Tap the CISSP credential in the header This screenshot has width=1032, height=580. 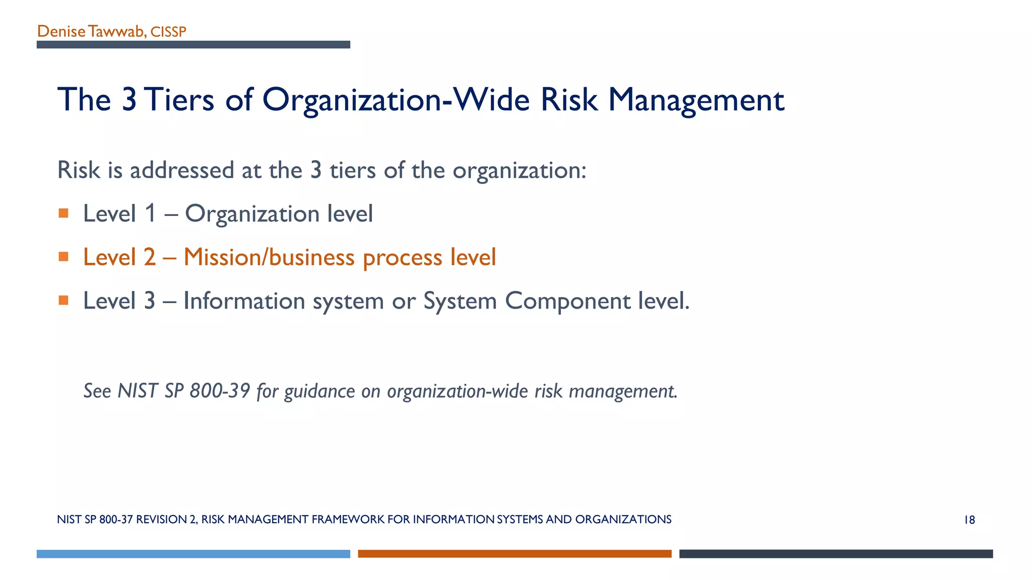168,32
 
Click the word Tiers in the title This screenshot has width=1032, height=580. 181,99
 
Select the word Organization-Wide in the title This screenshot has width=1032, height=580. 396,99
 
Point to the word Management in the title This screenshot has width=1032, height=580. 696,99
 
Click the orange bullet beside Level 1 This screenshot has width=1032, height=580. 63,213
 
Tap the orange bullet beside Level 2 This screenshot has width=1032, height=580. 63,257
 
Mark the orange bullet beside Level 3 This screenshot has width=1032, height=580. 63,301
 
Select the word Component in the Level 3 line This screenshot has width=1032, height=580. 567,301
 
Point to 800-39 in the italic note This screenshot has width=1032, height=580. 219,391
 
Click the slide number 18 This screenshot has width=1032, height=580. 969,520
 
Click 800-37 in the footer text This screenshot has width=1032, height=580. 116,520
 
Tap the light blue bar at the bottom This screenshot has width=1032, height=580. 193,554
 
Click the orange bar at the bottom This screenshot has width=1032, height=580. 514,554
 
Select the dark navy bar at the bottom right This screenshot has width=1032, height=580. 836,554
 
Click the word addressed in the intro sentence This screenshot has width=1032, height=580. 182,170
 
